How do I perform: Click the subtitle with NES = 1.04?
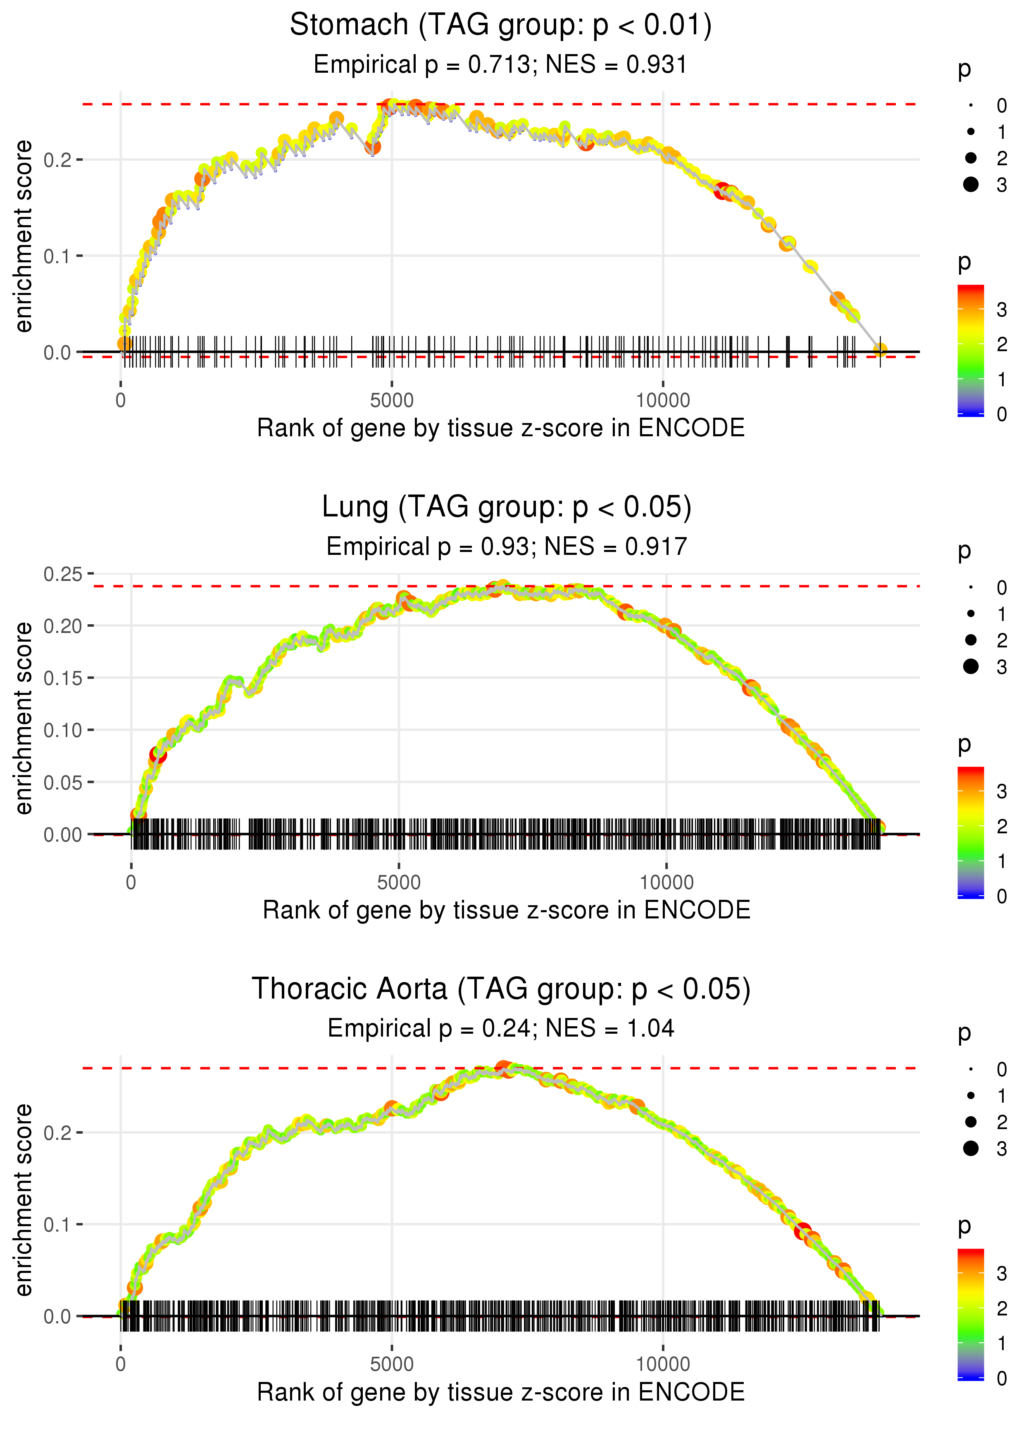click(x=501, y=1029)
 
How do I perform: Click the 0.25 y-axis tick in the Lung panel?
click(x=64, y=574)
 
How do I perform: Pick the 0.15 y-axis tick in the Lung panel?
click(x=64, y=678)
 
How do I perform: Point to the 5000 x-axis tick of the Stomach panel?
click(x=392, y=401)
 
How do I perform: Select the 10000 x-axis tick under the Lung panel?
click(x=666, y=882)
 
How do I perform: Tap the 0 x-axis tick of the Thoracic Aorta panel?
click(x=121, y=1365)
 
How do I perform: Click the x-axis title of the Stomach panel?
click(x=501, y=428)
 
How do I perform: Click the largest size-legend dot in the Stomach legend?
click(x=971, y=184)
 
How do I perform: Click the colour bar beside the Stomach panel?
click(x=971, y=350)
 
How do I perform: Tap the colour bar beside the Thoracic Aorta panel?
click(x=971, y=1314)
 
